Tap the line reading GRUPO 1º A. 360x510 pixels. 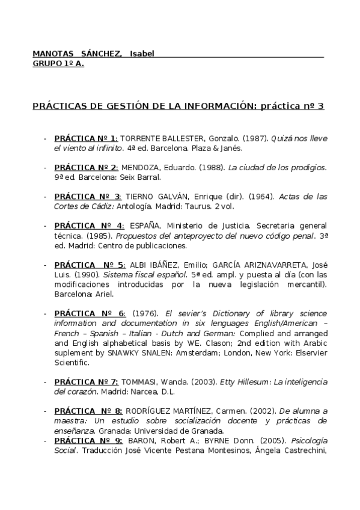coord(58,63)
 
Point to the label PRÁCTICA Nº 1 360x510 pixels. coord(86,138)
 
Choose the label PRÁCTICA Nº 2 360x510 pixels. coord(86,167)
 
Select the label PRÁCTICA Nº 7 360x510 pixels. coord(87,382)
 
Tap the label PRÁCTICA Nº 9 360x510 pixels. coord(88,440)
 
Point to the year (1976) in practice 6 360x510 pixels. coord(145,314)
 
